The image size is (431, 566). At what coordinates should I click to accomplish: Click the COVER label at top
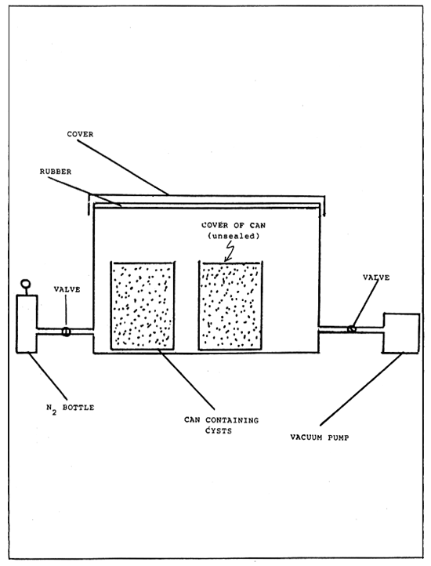[81, 133]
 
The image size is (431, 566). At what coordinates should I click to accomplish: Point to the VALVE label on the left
[67, 289]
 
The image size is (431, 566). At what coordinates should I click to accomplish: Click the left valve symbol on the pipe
[66, 332]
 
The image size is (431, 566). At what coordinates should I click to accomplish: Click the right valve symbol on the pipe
[352, 329]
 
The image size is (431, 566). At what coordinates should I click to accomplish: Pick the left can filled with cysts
[142, 306]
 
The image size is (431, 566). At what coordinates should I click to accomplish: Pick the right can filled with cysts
[230, 306]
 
